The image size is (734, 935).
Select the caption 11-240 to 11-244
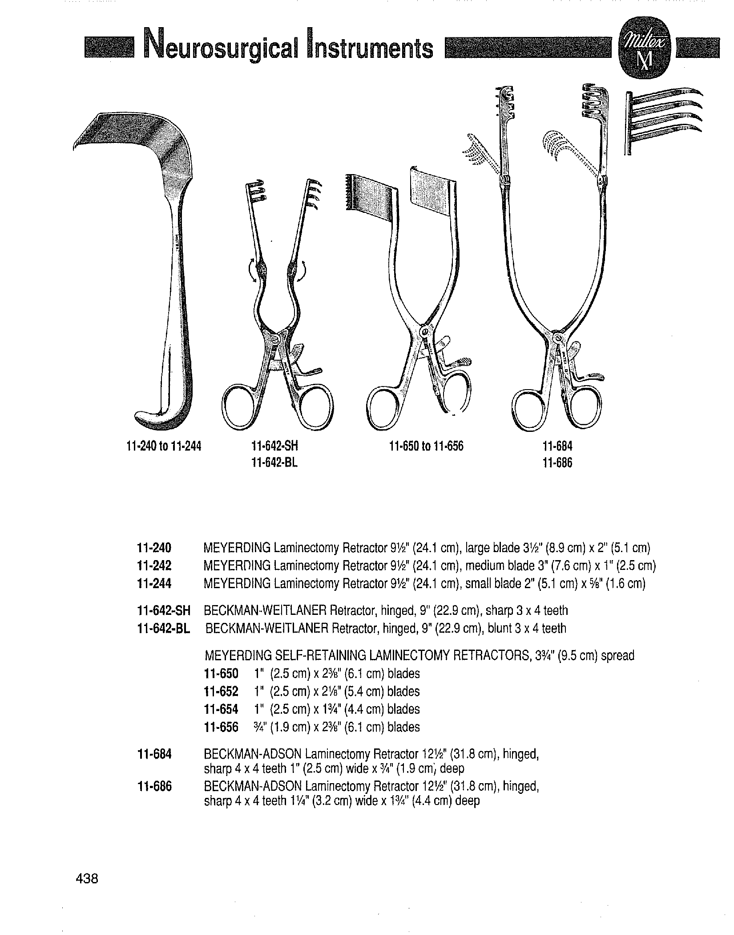[x=164, y=446]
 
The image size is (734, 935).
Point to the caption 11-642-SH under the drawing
[x=274, y=446]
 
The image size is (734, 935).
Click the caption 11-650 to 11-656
[x=426, y=446]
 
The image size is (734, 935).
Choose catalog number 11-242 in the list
[x=154, y=565]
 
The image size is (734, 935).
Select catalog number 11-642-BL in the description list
[x=164, y=629]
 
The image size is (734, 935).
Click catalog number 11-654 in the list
[x=221, y=709]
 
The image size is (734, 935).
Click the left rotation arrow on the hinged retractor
[x=252, y=269]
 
